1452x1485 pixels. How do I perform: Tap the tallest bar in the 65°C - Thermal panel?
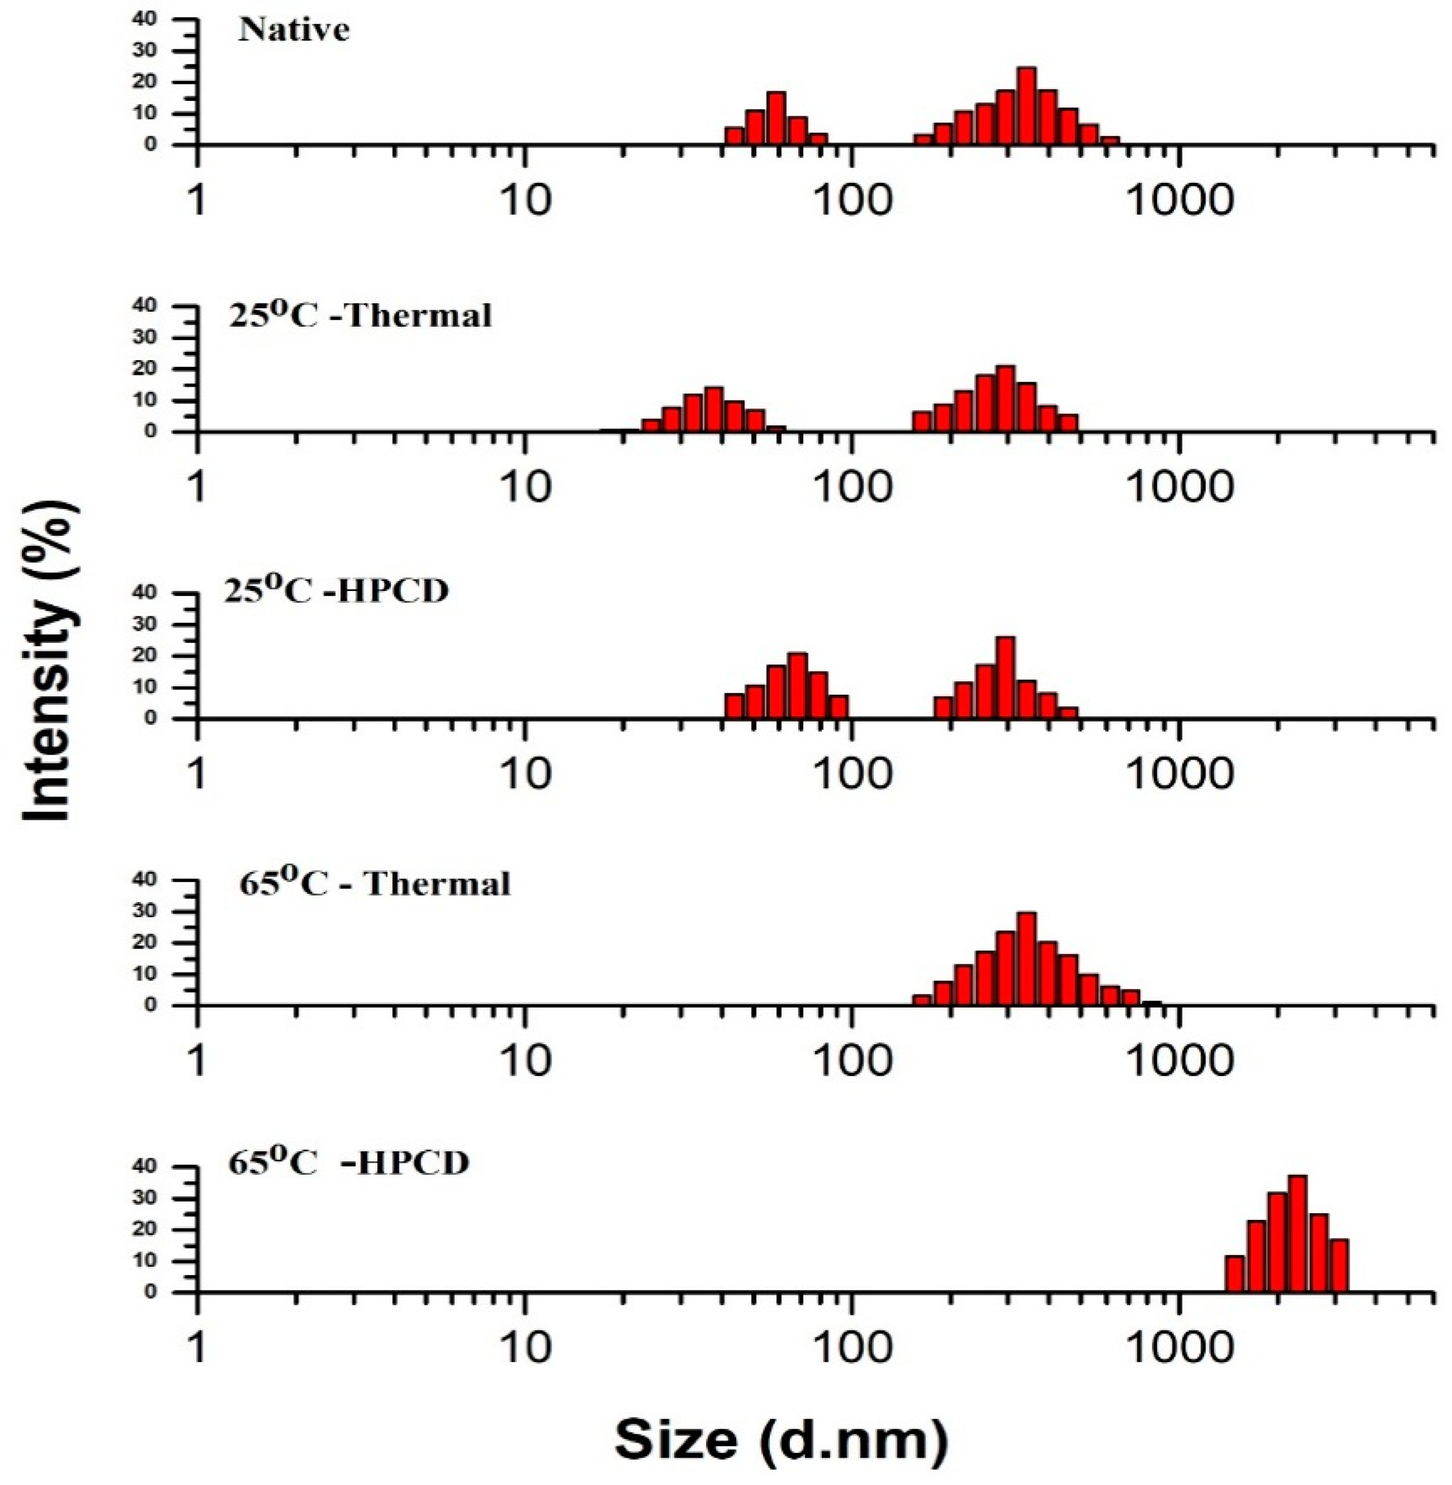pos(1027,959)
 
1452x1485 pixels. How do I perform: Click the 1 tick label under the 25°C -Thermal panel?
pos(198,487)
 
